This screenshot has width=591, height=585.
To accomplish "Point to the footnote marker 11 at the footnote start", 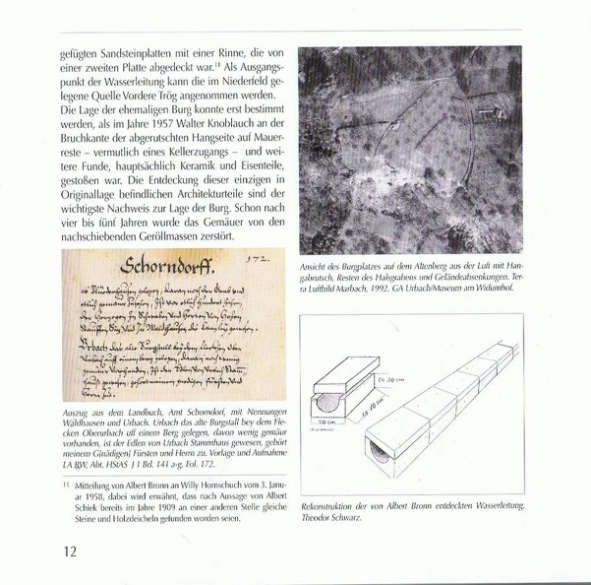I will pyautogui.click(x=64, y=484).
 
